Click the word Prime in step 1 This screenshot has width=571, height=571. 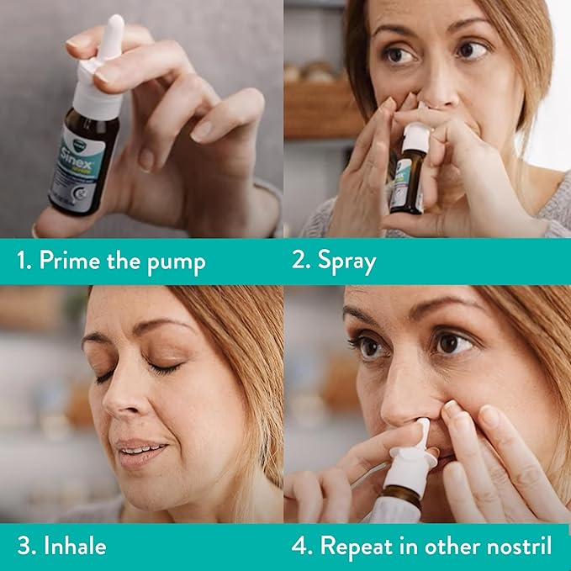pyautogui.click(x=68, y=262)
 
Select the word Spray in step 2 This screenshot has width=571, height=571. pyautogui.click(x=346, y=262)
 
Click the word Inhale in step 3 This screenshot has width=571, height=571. pyautogui.click(x=75, y=546)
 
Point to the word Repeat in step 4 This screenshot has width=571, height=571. pyautogui.click(x=353, y=547)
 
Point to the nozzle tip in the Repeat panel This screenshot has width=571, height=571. pyautogui.click(x=424, y=431)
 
